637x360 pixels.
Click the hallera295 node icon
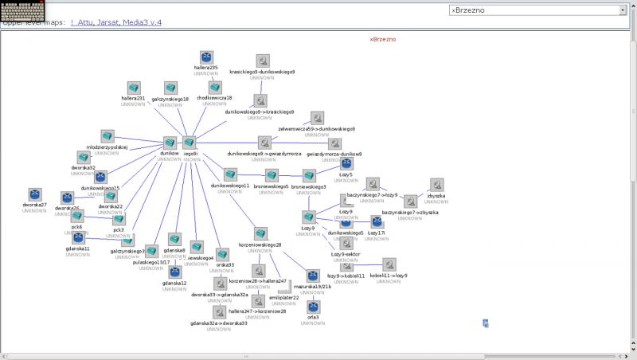[205, 57]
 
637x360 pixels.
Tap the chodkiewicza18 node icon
[215, 87]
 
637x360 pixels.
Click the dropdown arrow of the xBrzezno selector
[622, 10]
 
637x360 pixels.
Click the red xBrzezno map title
[382, 39]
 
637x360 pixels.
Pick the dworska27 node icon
[34, 194]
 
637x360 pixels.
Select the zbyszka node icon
[436, 185]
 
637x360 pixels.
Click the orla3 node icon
[313, 307]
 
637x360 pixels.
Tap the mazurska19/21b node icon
[312, 276]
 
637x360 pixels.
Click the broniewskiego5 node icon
[272, 175]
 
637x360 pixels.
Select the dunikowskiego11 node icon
[230, 174]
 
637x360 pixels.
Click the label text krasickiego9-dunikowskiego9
[262, 72]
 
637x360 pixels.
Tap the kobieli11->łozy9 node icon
[389, 264]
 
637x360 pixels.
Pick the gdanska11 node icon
[77, 237]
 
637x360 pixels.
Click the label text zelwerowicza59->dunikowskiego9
[316, 128]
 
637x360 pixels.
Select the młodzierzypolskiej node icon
[107, 137]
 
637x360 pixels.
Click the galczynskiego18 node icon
[170, 88]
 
